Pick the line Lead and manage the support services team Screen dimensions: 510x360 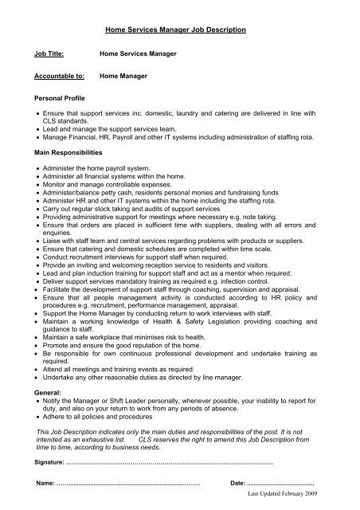point(115,129)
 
